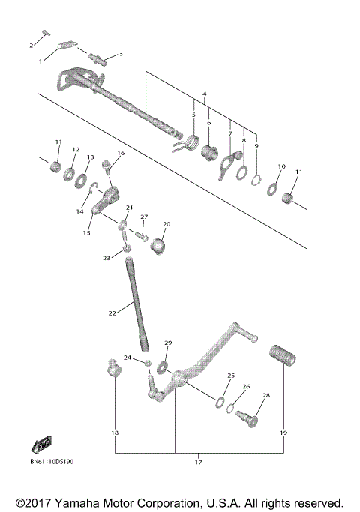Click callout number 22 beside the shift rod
(112, 313)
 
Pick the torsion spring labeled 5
(181, 141)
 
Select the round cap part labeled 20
(159, 247)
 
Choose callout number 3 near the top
(121, 55)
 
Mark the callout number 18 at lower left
(115, 433)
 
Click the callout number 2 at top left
(31, 46)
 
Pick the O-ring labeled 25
(220, 402)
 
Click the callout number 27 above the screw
(144, 217)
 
